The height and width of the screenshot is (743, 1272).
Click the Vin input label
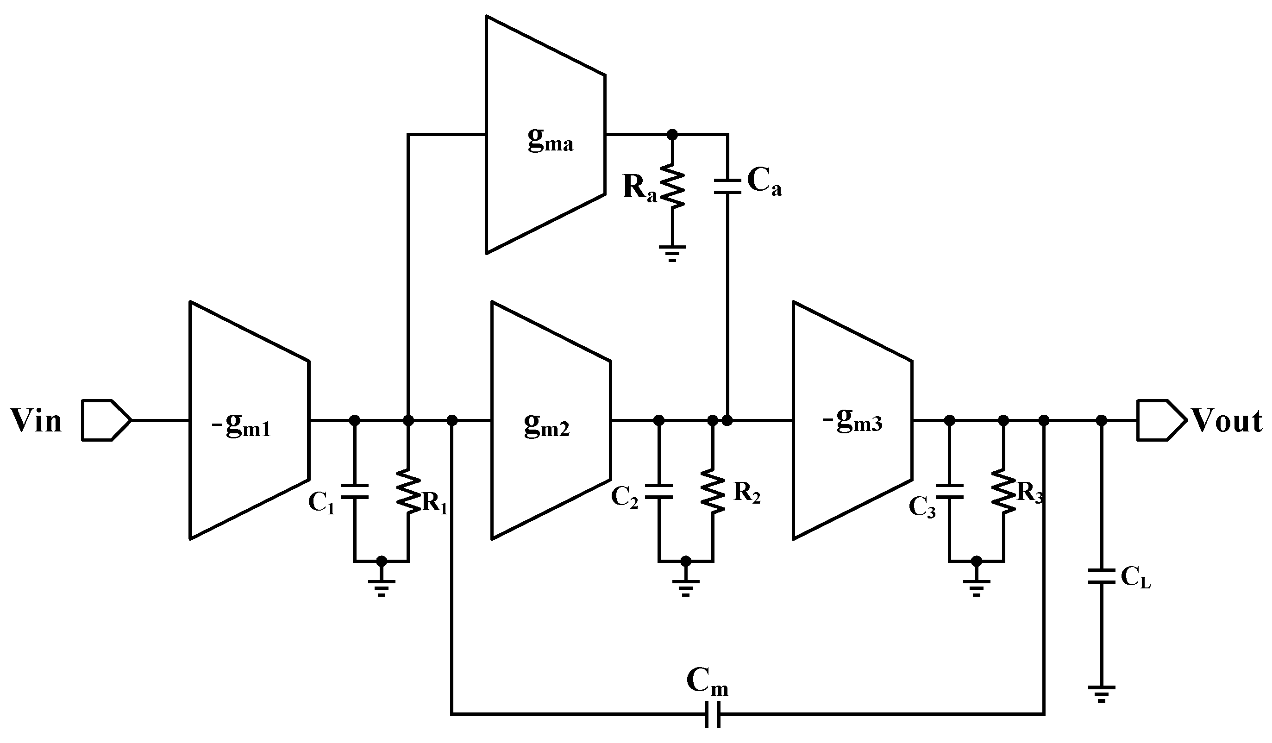(36, 421)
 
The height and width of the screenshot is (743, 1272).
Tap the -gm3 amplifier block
(852, 420)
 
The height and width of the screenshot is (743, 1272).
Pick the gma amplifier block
(545, 135)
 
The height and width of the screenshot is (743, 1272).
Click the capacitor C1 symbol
(355, 491)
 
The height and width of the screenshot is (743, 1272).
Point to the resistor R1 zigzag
(409, 491)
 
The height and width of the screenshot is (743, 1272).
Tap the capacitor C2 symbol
(659, 491)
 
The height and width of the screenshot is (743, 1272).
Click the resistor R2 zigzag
(713, 491)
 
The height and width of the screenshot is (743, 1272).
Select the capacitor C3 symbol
(949, 491)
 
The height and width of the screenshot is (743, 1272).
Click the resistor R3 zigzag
(1003, 491)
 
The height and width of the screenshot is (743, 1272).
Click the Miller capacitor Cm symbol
(712, 714)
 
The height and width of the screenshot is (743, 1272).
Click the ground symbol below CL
(1102, 693)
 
